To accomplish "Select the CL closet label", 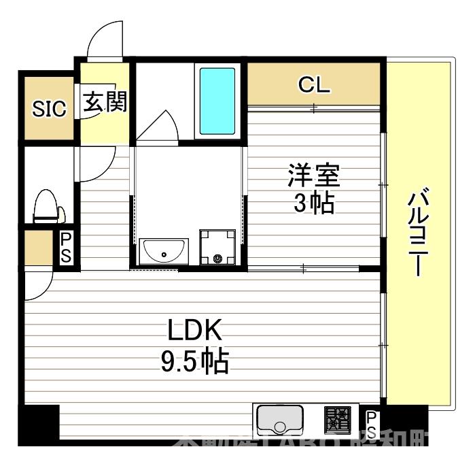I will pyautogui.click(x=314, y=84).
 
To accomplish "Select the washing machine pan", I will pyautogui.click(x=217, y=246).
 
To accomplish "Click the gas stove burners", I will pyautogui.click(x=338, y=419).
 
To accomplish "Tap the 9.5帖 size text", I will pyautogui.click(x=194, y=362).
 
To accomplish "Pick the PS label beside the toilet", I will pyautogui.click(x=67, y=248).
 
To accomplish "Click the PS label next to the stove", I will pyautogui.click(x=372, y=422).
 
